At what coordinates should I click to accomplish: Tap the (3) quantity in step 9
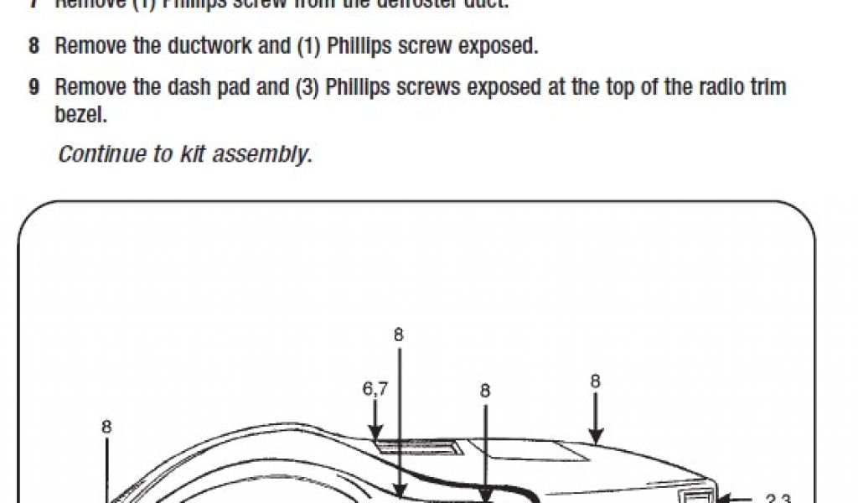pyautogui.click(x=309, y=87)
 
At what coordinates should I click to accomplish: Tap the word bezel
pyautogui.click(x=80, y=114)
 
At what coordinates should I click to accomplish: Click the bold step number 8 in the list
pyautogui.click(x=34, y=46)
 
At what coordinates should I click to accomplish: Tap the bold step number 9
pyautogui.click(x=34, y=87)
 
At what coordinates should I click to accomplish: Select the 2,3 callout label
pyautogui.click(x=778, y=500)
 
